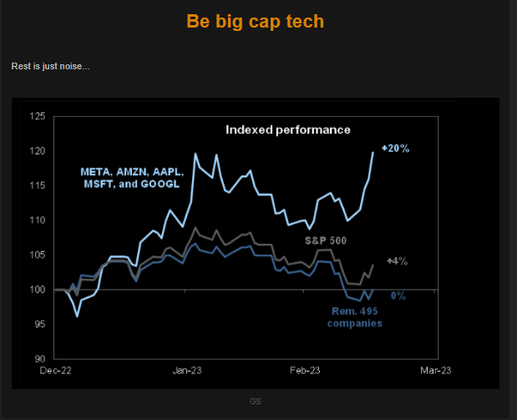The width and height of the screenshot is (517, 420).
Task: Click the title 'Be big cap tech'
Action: click(x=256, y=22)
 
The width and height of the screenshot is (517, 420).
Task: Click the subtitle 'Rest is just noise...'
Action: click(x=50, y=66)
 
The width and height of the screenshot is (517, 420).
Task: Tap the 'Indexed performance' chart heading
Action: click(x=288, y=129)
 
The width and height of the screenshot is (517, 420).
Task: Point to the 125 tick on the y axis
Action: click(x=36, y=116)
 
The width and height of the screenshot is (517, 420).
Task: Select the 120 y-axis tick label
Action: click(x=36, y=151)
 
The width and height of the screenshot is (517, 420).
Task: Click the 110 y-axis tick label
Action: click(x=36, y=220)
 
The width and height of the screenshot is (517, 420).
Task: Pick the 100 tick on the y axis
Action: click(x=36, y=290)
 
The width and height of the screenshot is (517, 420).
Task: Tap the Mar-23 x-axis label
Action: click(x=434, y=370)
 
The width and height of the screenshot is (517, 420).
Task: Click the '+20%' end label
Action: click(x=395, y=148)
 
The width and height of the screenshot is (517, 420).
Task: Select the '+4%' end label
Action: click(x=397, y=261)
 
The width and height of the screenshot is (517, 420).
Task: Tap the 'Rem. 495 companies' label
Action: click(x=353, y=317)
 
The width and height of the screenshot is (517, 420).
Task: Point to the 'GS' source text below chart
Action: click(x=256, y=401)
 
